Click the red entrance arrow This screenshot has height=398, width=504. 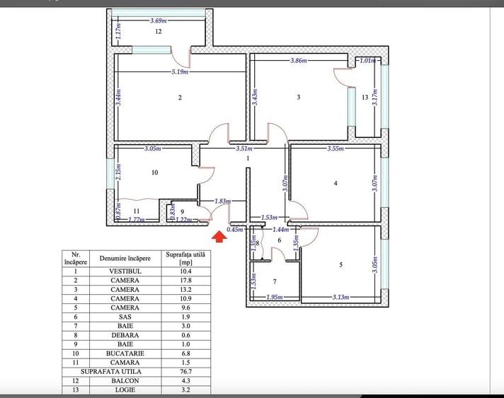pos(219,237)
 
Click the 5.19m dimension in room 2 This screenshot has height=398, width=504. pos(181,72)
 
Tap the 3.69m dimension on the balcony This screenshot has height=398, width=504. pos(160,21)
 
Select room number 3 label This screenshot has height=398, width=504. pos(299,97)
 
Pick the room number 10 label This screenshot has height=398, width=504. pos(154,172)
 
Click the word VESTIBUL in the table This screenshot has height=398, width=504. pos(125,271)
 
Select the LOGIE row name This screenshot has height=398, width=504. pos(125,390)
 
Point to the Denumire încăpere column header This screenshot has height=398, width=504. pos(125,258)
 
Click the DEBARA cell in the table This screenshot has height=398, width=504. pos(125,335)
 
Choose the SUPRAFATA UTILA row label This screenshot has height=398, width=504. pos(110,372)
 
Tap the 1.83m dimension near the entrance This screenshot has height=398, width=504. pos(223,202)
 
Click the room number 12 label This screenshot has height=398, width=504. pos(159,33)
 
